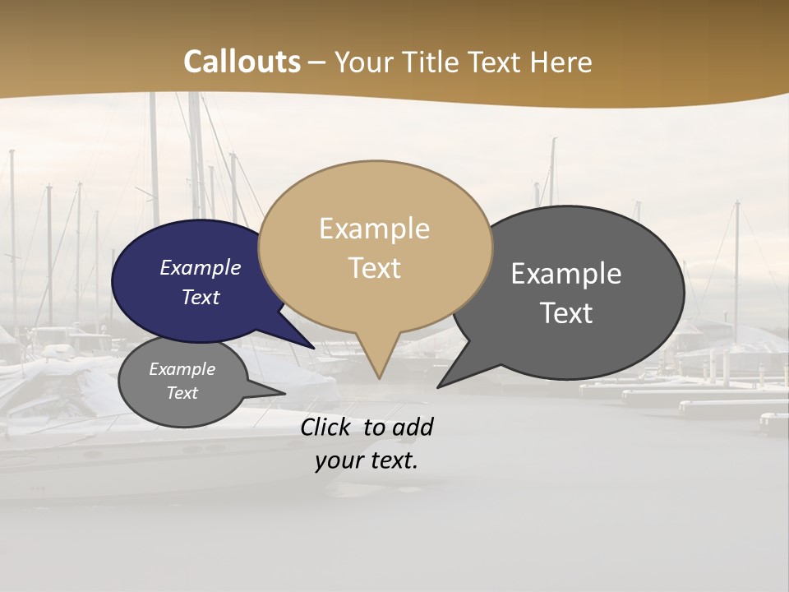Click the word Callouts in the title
point(242,62)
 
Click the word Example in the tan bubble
point(374,229)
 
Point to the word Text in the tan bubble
point(374,268)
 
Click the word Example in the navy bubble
point(200,267)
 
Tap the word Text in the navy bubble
point(200,297)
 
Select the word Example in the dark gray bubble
point(566,274)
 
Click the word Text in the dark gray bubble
point(566,313)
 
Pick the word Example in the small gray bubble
point(182,369)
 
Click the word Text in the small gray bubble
point(182,393)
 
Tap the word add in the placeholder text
point(413,427)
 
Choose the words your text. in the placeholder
point(366,460)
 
